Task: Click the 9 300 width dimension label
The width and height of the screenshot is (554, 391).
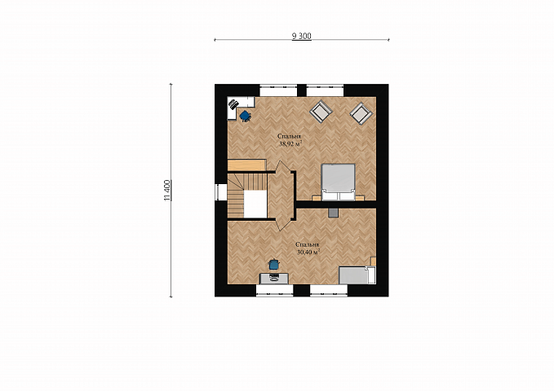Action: click(x=301, y=36)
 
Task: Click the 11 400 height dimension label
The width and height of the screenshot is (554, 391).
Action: click(x=167, y=191)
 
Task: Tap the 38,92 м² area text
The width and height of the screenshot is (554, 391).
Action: click(x=290, y=143)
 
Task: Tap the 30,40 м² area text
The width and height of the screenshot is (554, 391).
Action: click(x=308, y=252)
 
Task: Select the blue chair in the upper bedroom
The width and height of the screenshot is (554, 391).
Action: click(x=246, y=116)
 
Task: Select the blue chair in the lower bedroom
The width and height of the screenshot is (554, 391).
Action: click(x=274, y=264)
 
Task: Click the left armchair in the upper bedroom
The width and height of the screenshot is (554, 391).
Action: click(x=321, y=112)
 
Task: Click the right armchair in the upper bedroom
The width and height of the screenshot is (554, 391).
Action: click(x=361, y=113)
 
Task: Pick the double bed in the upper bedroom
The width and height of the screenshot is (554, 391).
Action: click(x=338, y=182)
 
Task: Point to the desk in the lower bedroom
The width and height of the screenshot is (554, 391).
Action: click(x=274, y=278)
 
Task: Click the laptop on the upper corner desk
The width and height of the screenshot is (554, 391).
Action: click(x=233, y=104)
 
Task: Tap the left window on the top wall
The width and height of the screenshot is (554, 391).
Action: click(x=278, y=90)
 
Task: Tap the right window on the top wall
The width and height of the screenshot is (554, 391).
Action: click(x=325, y=90)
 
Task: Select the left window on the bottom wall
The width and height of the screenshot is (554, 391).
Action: click(x=275, y=290)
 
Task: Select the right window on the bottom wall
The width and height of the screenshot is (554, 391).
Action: click(x=329, y=290)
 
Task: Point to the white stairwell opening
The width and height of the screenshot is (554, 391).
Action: click(x=255, y=204)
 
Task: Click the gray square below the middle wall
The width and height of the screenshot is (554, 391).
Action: click(x=333, y=212)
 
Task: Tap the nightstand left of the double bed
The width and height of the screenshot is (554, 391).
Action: click(x=317, y=198)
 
